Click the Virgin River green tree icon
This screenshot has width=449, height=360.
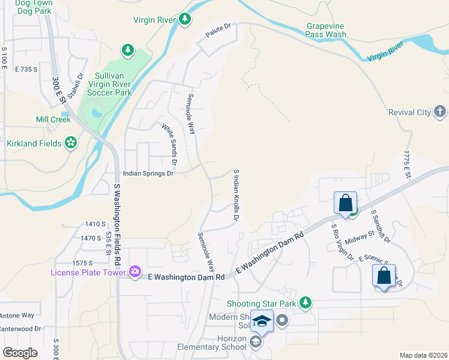coord(185,20)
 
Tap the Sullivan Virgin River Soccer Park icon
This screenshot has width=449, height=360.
coord(127,51)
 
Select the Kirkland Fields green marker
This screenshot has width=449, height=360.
coord(71,143)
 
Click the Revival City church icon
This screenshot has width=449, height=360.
coord(440,112)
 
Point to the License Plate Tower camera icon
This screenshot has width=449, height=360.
coord(135,272)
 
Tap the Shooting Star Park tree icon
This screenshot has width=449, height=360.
coord(306,302)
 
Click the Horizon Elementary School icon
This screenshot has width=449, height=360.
coord(255,343)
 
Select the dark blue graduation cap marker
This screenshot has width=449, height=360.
coord(262,322)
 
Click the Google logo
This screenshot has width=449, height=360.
coord(20,352)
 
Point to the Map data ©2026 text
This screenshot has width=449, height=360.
coord(423,355)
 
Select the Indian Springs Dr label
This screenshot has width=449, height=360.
coord(148,173)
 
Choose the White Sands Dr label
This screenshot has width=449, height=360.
coord(169,144)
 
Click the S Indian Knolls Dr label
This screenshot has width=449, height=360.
coord(236,195)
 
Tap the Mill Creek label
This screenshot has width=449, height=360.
coord(53,119)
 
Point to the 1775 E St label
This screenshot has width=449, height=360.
coord(406,164)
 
